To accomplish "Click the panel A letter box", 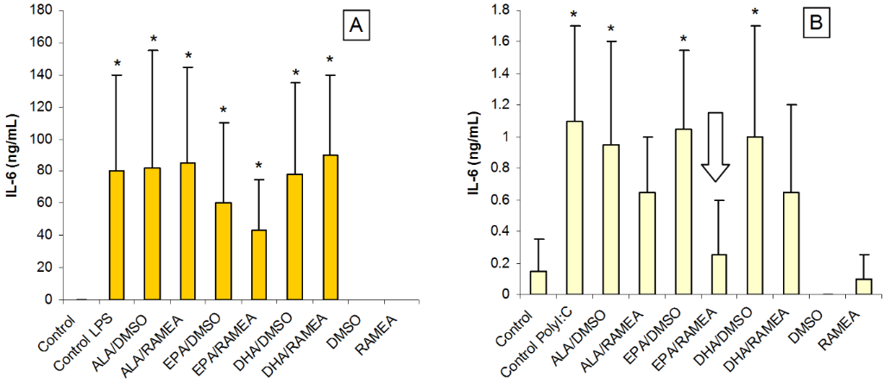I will tap(354, 28).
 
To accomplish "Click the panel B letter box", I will tap(813, 27).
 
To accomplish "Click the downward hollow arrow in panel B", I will tap(716, 147).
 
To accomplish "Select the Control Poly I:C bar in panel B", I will tap(574, 207).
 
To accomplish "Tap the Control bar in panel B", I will tap(539, 283).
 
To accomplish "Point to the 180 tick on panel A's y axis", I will tap(43, 10).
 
